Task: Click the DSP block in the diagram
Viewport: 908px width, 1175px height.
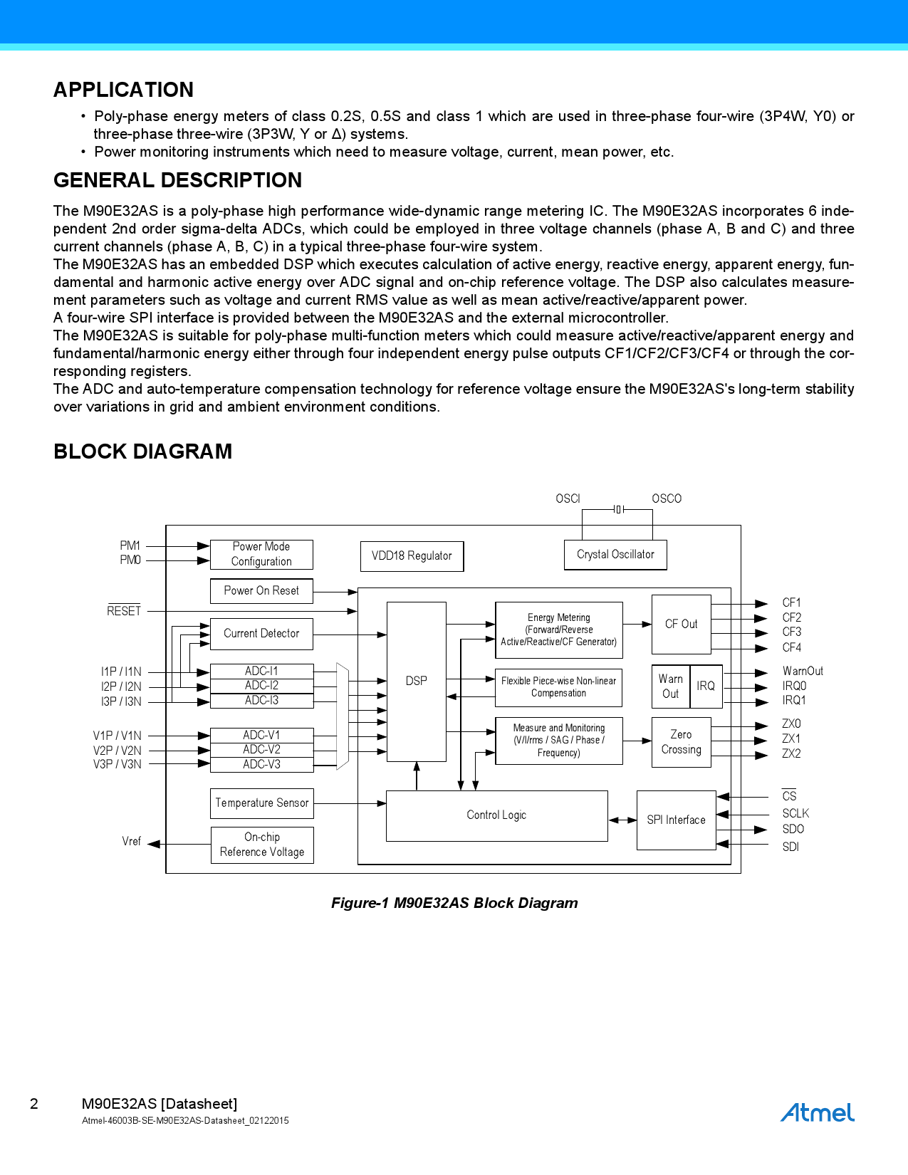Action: pos(417,681)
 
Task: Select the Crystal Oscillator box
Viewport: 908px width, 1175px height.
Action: pos(615,555)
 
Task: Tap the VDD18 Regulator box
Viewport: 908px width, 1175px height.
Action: pos(412,556)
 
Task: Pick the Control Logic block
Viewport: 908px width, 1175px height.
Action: pos(496,815)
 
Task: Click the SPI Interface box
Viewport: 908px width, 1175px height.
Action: pos(676,820)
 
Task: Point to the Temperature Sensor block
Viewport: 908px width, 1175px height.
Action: pos(261,803)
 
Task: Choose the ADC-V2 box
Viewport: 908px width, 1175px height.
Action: pos(261,750)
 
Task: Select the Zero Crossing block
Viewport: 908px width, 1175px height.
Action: pos(681,742)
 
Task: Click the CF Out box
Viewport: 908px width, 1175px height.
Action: pos(681,625)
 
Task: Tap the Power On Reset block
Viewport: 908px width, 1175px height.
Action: pos(261,591)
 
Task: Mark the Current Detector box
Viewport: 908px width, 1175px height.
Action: pos(261,634)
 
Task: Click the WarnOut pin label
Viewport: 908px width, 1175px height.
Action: pos(803,672)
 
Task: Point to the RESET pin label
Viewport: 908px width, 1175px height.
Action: pos(124,611)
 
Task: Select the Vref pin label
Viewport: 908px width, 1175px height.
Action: pos(132,842)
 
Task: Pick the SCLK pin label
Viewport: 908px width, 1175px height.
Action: pos(795,813)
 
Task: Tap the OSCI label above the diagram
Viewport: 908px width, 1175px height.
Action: pos(568,498)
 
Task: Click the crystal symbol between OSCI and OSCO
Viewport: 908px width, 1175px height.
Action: pos(619,509)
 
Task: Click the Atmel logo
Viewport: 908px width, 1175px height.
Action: pos(817,1112)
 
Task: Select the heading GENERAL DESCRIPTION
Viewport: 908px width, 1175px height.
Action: pos(178,181)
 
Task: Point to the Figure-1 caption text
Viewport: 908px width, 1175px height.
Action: pos(454,903)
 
